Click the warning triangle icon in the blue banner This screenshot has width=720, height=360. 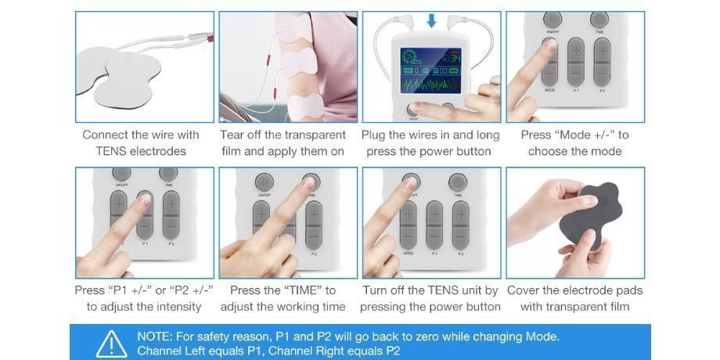(x=111, y=344)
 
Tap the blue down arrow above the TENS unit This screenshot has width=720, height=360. (x=431, y=20)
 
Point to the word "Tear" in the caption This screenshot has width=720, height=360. (x=234, y=135)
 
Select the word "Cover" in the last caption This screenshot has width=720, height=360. (x=525, y=290)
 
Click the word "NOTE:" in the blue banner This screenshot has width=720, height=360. (x=156, y=337)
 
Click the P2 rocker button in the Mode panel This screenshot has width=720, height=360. (x=602, y=63)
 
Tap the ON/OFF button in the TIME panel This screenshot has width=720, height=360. (x=265, y=182)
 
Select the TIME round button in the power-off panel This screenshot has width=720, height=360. (x=459, y=182)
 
